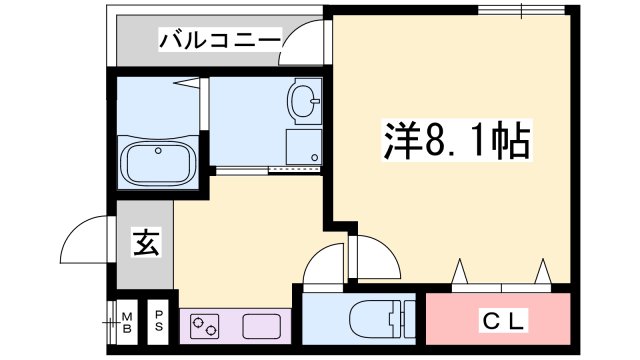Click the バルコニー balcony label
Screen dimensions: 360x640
pos(219,42)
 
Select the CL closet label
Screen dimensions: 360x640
pos(499,321)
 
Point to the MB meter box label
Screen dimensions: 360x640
pos(127,321)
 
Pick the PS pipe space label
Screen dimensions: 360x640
pos(159,321)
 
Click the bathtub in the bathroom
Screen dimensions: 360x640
pos(159,160)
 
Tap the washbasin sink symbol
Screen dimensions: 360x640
pos(304,101)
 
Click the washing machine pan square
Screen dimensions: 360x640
pos(305,147)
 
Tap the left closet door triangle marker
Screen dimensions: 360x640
pos(461,272)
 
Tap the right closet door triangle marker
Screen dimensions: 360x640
pos(542,272)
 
